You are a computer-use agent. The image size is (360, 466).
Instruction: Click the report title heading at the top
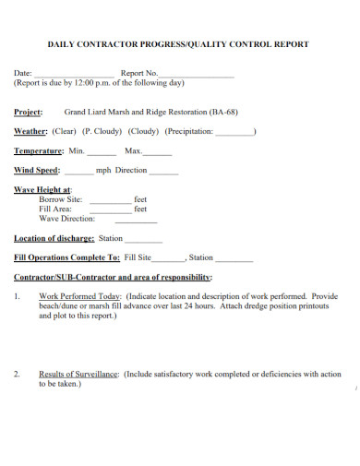tap(178, 43)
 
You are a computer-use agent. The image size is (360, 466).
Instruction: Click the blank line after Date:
tap(75, 73)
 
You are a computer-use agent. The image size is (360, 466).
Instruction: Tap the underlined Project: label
tap(29, 112)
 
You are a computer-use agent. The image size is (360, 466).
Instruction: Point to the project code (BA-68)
tap(224, 112)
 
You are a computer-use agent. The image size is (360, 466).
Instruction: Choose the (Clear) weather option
tap(65, 131)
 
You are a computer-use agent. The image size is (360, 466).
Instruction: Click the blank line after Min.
tap(102, 152)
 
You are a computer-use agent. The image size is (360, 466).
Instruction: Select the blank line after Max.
tap(158, 152)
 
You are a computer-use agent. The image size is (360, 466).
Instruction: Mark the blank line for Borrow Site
tap(110, 200)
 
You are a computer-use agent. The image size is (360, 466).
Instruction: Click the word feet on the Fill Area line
tap(140, 209)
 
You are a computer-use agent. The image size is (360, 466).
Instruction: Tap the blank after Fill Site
tap(169, 259)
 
